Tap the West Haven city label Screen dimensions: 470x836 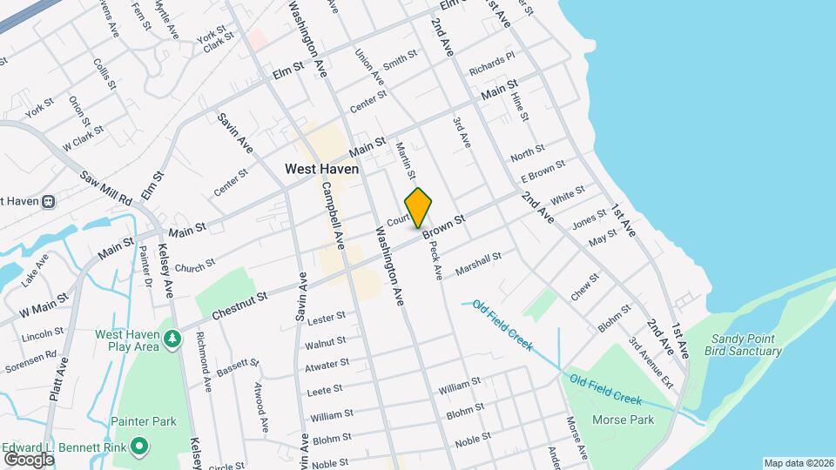322,170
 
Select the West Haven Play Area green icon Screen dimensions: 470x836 173,337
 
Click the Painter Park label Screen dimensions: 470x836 144,421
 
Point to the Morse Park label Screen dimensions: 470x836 623,420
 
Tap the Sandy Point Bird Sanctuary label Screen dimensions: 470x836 746,345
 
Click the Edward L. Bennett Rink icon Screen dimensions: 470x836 138,448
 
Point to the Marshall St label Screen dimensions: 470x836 478,261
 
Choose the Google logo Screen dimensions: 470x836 29,459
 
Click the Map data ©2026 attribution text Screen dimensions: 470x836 798,463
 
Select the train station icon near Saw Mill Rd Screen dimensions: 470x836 49,201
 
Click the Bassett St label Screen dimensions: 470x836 238,367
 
